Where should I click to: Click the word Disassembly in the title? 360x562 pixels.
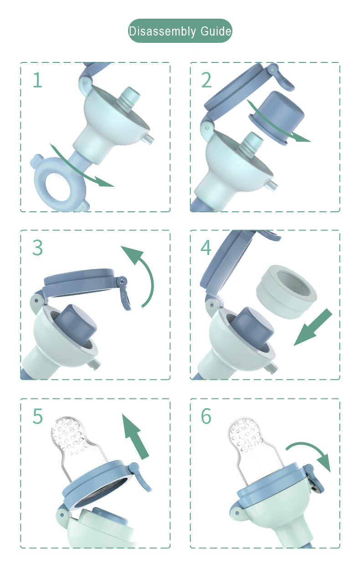click(x=162, y=31)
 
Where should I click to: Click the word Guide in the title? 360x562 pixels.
click(x=216, y=31)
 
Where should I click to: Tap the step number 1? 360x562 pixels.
click(x=38, y=80)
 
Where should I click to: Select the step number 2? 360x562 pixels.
click(x=206, y=80)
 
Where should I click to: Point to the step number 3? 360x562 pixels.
click(x=38, y=247)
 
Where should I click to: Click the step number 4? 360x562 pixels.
click(x=206, y=247)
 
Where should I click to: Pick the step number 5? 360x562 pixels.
click(x=38, y=416)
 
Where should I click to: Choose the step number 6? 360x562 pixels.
click(x=206, y=416)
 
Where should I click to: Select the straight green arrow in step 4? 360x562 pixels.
click(x=313, y=327)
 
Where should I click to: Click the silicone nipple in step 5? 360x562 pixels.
click(x=75, y=449)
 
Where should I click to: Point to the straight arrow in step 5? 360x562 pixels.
click(x=135, y=437)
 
